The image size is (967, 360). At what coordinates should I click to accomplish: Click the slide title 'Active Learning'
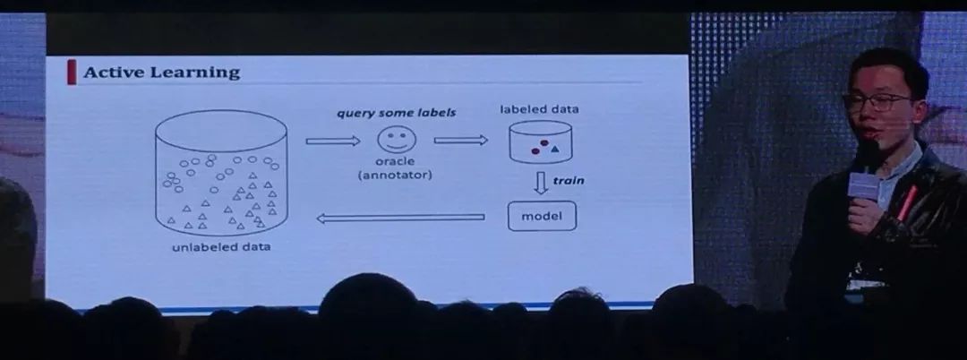[161, 73]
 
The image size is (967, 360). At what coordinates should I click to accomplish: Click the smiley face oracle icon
[395, 141]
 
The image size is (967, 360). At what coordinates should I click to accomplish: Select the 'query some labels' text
[396, 113]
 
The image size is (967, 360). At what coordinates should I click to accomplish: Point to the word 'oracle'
[395, 162]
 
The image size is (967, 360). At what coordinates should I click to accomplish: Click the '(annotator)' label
[395, 176]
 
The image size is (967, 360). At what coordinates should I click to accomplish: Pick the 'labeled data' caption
[539, 109]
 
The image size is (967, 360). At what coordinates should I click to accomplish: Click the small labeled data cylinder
[541, 142]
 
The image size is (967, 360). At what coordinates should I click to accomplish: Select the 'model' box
[542, 217]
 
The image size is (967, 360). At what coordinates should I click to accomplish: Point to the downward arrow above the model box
[541, 184]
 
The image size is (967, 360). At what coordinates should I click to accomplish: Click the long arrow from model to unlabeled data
[400, 218]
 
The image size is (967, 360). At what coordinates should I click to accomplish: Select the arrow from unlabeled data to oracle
[332, 141]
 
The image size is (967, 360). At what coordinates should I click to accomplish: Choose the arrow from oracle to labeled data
[460, 141]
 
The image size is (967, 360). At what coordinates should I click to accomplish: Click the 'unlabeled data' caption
[221, 247]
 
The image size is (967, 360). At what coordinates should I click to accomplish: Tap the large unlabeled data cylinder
[221, 175]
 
